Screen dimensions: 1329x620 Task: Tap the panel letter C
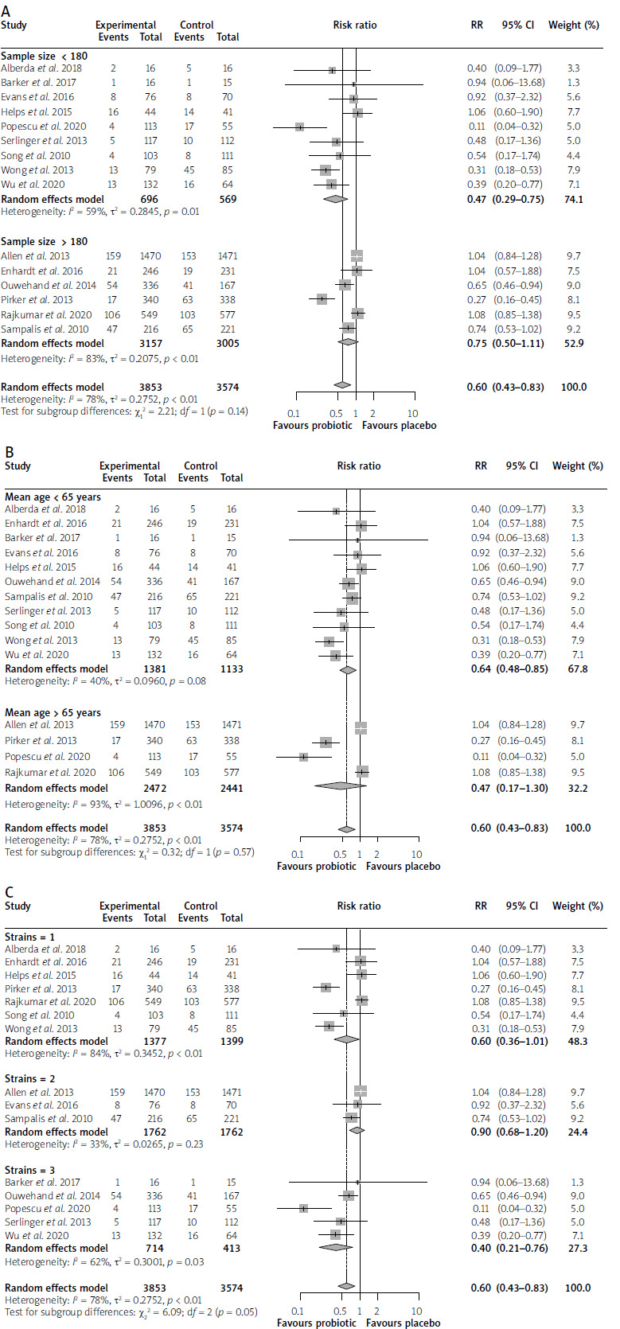pos(8,892)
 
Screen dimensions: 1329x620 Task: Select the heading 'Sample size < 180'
pos(45,57)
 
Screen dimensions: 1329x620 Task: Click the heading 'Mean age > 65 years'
pos(53,712)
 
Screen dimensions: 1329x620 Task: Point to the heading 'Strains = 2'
pos(32,1079)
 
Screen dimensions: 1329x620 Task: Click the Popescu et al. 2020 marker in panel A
pos(299,127)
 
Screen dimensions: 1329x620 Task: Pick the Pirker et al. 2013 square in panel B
pos(326,742)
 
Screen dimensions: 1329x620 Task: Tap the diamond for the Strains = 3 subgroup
pos(335,1248)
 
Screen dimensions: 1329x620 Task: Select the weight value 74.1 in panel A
pos(573,199)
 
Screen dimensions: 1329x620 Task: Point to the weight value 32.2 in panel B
pos(577,788)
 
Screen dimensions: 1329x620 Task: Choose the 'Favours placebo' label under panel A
pos(400,426)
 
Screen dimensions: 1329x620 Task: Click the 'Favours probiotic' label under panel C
pos(317,1323)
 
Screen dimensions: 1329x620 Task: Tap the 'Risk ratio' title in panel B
pos(359,466)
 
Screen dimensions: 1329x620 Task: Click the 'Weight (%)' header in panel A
pos(573,25)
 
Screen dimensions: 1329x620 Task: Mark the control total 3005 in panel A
pos(228,344)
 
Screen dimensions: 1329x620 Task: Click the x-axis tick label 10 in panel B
pos(416,855)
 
